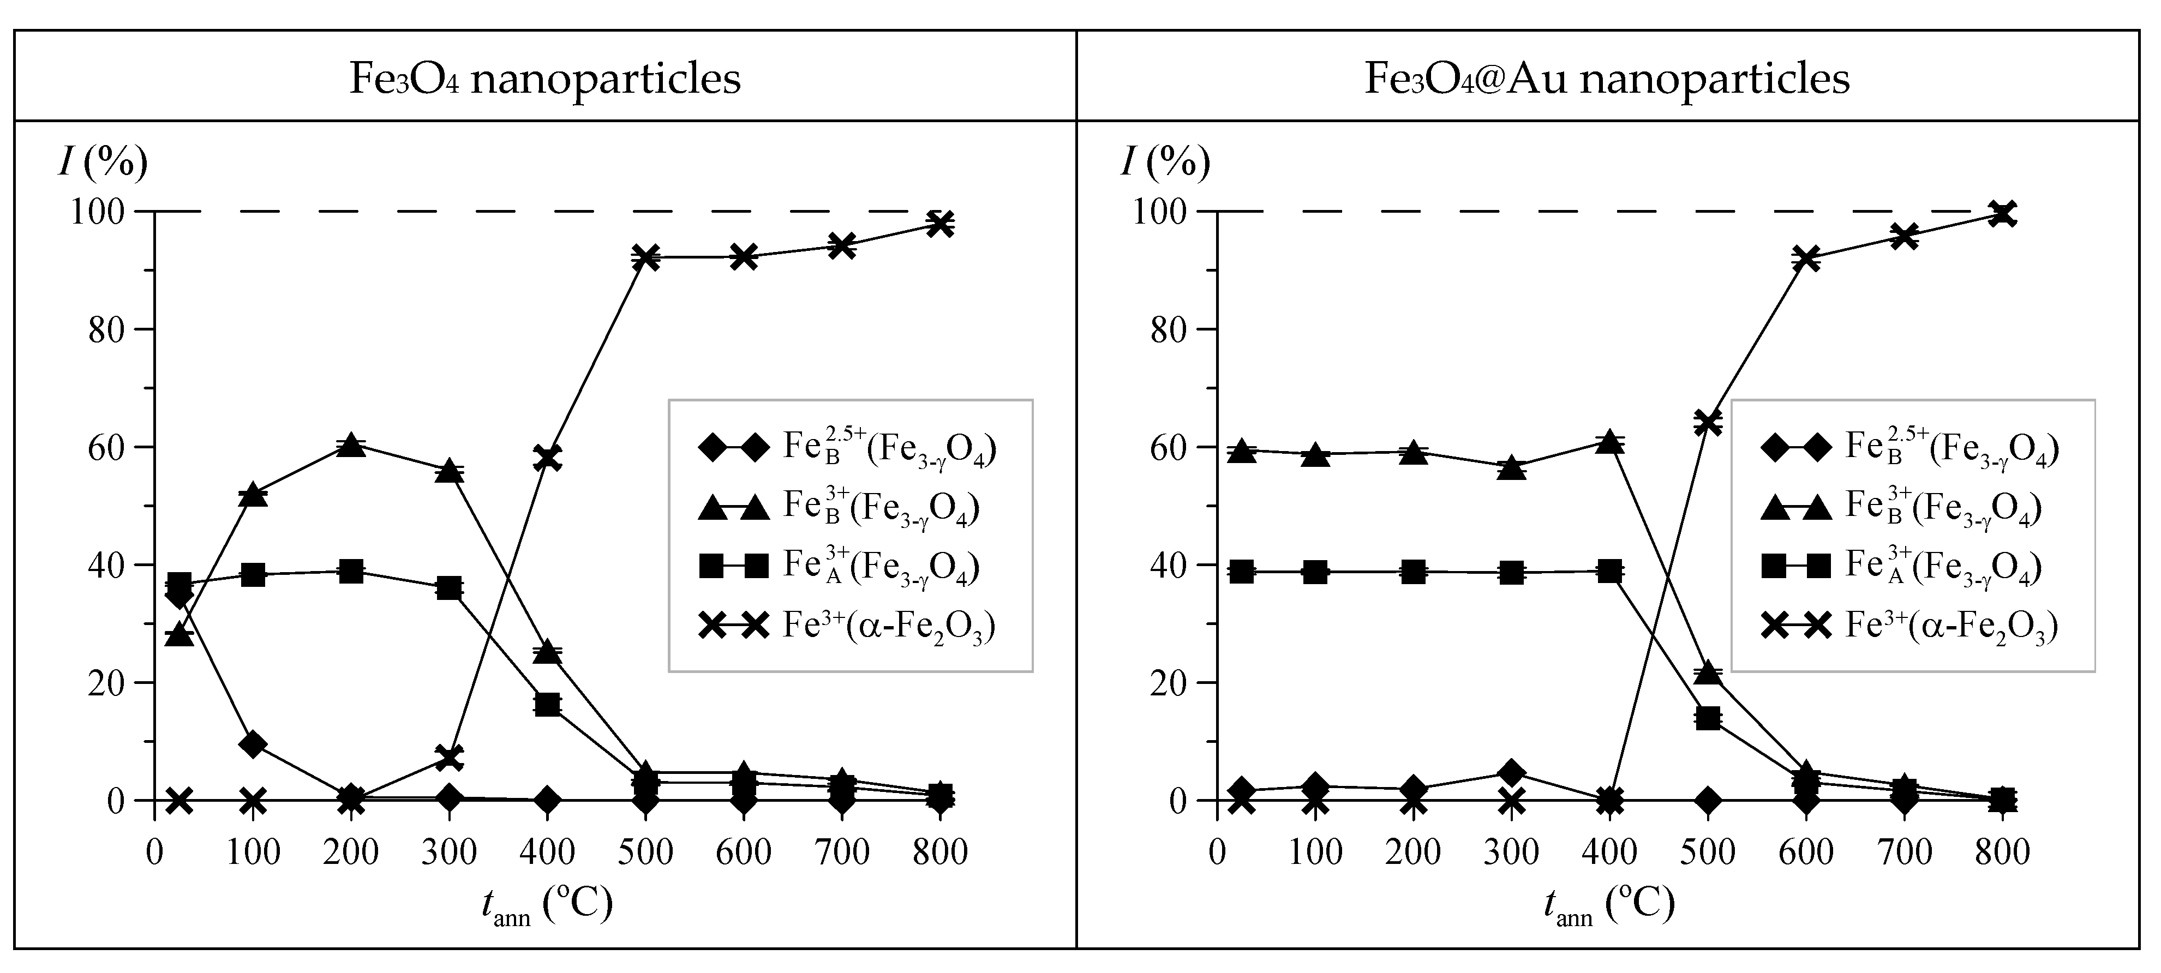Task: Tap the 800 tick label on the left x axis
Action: click(941, 853)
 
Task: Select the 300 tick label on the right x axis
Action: click(1512, 853)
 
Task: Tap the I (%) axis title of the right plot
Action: click(1166, 162)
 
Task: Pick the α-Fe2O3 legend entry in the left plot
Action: click(847, 625)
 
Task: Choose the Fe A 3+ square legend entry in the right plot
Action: click(1901, 566)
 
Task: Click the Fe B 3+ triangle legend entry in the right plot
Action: click(1901, 507)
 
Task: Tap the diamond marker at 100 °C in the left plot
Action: click(253, 744)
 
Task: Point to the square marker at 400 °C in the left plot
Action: click(547, 705)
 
